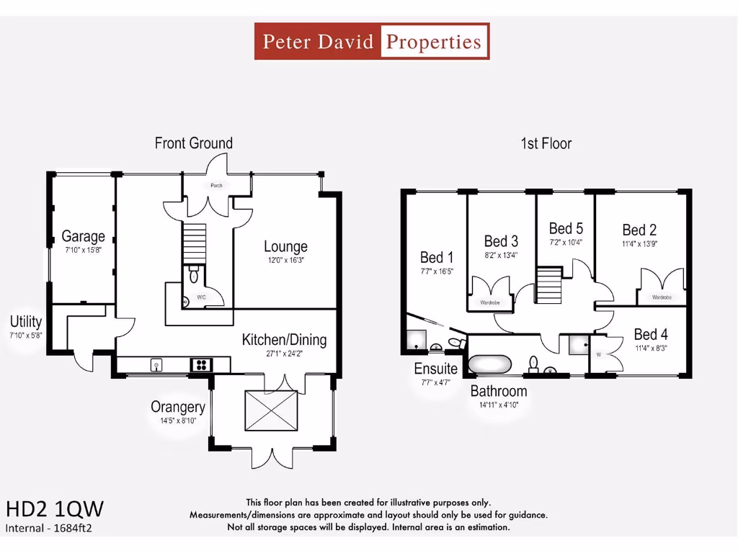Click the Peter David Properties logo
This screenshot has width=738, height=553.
pos(372,41)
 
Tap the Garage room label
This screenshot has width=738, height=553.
pos(83,235)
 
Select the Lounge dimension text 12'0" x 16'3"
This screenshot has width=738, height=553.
pos(285,261)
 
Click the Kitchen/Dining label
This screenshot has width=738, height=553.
pos(284,339)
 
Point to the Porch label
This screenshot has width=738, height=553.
pos(216,186)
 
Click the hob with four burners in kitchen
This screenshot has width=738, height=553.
pos(200,365)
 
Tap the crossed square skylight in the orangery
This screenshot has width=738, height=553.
pos(271,410)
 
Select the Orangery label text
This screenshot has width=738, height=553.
pos(177,407)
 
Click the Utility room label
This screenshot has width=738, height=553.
pos(26,321)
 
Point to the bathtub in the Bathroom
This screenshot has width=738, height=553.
pos(490,364)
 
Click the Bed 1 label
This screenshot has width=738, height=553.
pos(437,257)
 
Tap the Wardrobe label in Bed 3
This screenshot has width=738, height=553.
pos(490,303)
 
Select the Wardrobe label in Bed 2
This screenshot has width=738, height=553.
pos(662,297)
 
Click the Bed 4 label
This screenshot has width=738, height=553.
pos(650,334)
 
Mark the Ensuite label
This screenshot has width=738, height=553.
pos(435,369)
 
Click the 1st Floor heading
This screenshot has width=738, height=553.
pos(546,143)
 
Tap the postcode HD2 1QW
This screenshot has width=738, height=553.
pos(55,509)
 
